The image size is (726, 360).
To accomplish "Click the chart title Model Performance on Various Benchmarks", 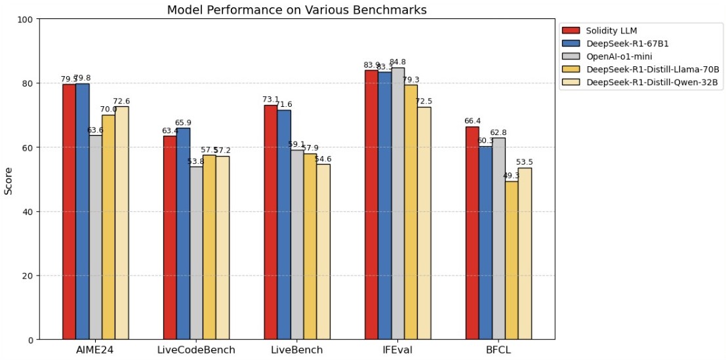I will coord(296,10).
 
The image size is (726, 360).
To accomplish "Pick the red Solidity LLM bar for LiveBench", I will coord(270,222).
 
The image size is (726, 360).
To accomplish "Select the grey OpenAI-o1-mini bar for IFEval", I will coord(398,203).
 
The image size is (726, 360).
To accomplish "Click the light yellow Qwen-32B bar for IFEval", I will coord(424,223).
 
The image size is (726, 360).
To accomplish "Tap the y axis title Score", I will coord(9,180).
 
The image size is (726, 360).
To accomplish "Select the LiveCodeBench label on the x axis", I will coord(196,350).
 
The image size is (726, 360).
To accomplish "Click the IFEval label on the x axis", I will coord(397,350).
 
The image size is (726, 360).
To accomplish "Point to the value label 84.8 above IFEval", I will coord(398,62).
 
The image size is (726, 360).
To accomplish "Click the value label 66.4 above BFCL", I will coord(472,121).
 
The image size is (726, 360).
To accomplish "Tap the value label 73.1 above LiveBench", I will coord(270,100).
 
